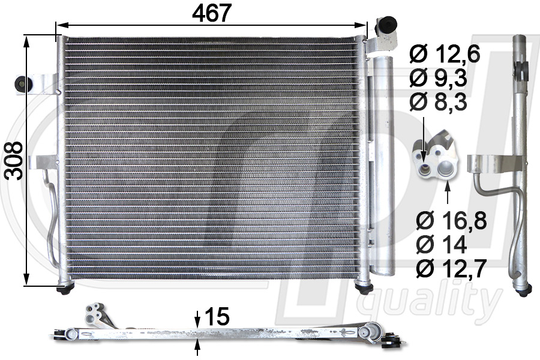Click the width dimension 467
[x=211, y=13]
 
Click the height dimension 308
[x=14, y=161]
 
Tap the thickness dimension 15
[x=217, y=316]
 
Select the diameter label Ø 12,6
[x=445, y=55]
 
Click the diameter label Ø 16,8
[x=451, y=221]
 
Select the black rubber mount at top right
[x=386, y=25]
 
